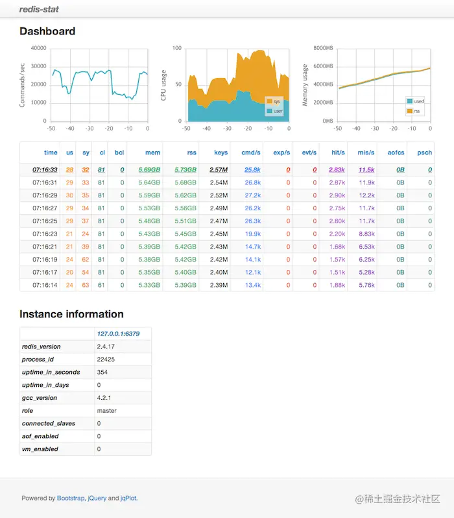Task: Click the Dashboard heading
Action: (47, 31)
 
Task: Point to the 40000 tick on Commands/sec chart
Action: (38, 48)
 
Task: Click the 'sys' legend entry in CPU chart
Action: (276, 101)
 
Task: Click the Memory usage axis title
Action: (304, 84)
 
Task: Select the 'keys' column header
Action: (221, 153)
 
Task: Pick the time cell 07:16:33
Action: (45, 169)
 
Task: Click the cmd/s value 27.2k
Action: (252, 195)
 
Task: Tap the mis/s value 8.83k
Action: (366, 234)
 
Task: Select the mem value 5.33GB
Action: (149, 285)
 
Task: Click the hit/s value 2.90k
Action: (337, 195)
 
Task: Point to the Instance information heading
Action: (71, 314)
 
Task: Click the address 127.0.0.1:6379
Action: (118, 334)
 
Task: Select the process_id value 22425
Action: (106, 359)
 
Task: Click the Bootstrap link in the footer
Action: (70, 499)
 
